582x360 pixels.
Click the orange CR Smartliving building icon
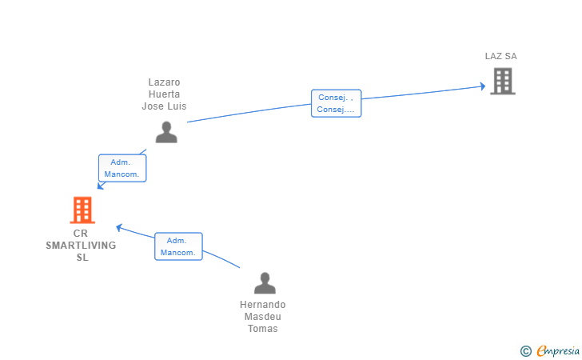point(82,210)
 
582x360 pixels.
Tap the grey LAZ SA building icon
point(502,81)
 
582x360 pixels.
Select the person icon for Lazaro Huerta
point(166,132)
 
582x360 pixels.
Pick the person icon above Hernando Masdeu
point(264,283)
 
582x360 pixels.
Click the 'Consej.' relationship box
point(336,103)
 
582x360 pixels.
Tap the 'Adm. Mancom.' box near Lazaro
point(122,168)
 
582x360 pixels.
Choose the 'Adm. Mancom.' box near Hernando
point(177,246)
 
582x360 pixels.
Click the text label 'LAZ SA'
point(500,56)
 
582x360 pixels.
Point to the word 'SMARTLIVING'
point(81,246)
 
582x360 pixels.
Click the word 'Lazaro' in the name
point(165,82)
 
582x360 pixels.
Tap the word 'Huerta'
point(165,94)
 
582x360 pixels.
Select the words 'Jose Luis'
point(165,106)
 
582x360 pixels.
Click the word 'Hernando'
point(262,305)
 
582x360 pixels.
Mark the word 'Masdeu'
point(262,317)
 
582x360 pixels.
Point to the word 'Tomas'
point(262,329)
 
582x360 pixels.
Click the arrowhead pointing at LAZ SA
point(482,86)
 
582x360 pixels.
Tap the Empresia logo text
point(558,350)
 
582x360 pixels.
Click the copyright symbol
point(525,350)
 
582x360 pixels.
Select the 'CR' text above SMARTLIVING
point(80,234)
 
